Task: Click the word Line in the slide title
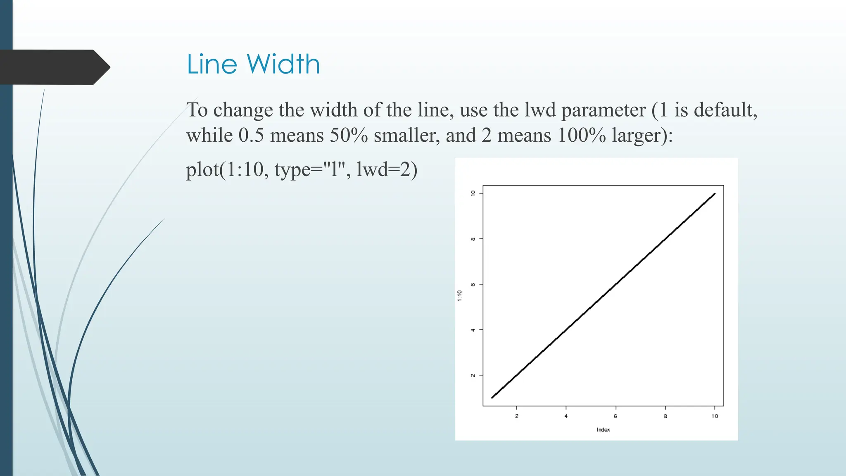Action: coord(212,64)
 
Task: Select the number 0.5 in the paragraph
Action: coord(251,136)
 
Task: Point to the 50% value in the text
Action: coord(348,136)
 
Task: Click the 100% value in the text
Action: coord(581,136)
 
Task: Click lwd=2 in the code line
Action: coord(387,169)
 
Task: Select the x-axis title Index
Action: coord(603,430)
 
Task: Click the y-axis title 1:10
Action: coord(460,295)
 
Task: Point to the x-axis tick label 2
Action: coord(517,416)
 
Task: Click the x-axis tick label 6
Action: coord(615,416)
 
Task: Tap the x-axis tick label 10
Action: coord(715,416)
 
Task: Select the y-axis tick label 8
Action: coord(473,239)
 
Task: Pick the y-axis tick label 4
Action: coord(473,330)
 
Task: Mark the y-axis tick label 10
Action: coord(473,193)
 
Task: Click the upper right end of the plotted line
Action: coord(714,194)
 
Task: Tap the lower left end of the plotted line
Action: coord(492,397)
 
